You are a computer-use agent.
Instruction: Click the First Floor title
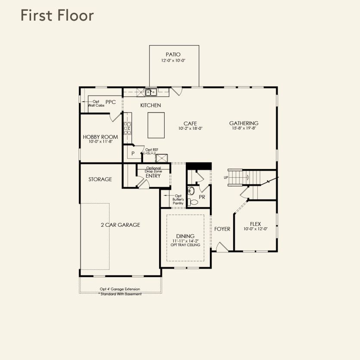(x=57, y=16)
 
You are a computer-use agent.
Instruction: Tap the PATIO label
(x=173, y=54)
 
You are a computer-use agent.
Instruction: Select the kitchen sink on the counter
(x=150, y=92)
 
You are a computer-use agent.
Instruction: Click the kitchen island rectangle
(x=156, y=125)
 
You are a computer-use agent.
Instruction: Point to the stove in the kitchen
(x=128, y=128)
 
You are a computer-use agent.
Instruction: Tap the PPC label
(x=111, y=102)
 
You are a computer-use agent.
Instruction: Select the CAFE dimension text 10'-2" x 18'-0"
(x=190, y=128)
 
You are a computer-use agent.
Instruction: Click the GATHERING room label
(x=244, y=123)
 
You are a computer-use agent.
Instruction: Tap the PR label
(x=202, y=197)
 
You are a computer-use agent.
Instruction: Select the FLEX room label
(x=255, y=224)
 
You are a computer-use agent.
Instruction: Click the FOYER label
(x=222, y=229)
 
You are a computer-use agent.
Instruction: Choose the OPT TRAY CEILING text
(x=185, y=245)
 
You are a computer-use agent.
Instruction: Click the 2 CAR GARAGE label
(x=120, y=225)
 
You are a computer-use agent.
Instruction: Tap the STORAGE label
(x=100, y=179)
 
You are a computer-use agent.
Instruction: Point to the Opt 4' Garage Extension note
(x=120, y=289)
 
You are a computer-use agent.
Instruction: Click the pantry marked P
(x=133, y=153)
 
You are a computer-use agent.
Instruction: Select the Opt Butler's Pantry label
(x=178, y=199)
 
